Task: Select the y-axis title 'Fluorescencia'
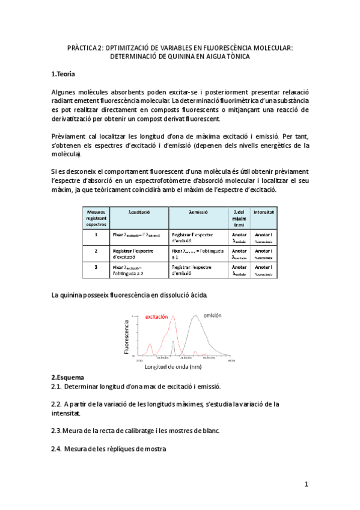[127, 336]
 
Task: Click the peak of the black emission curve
[197, 317]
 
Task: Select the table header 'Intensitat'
[264, 212]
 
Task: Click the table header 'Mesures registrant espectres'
[96, 217]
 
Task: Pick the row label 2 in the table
[96, 251]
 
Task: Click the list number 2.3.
[57, 431]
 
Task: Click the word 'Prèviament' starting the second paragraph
[70, 136]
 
